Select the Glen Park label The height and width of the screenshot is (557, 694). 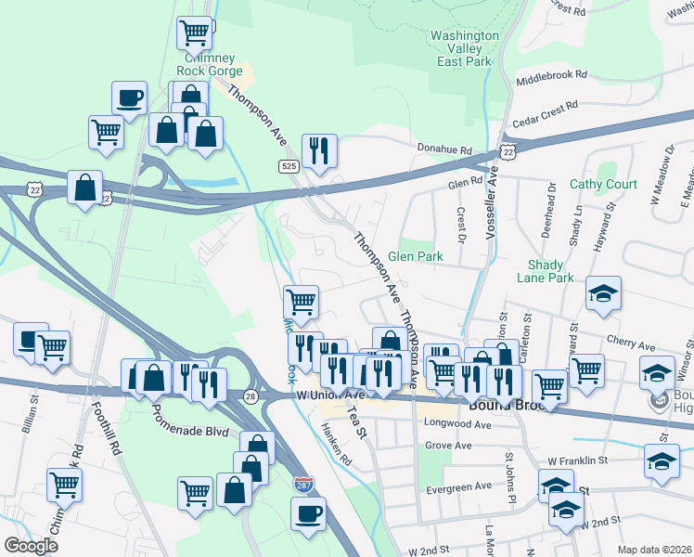click(415, 256)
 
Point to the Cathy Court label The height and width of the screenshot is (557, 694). click(603, 184)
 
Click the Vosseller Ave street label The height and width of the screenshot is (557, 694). click(493, 201)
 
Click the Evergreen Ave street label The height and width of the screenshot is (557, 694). click(456, 486)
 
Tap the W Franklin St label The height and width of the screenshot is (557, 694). click(576, 460)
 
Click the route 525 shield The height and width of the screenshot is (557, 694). click(288, 165)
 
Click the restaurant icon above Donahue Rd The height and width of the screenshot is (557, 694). click(319, 150)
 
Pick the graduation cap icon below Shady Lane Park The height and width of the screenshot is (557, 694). click(603, 294)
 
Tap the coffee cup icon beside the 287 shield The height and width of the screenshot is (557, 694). click(308, 512)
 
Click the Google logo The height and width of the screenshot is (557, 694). click(31, 546)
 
